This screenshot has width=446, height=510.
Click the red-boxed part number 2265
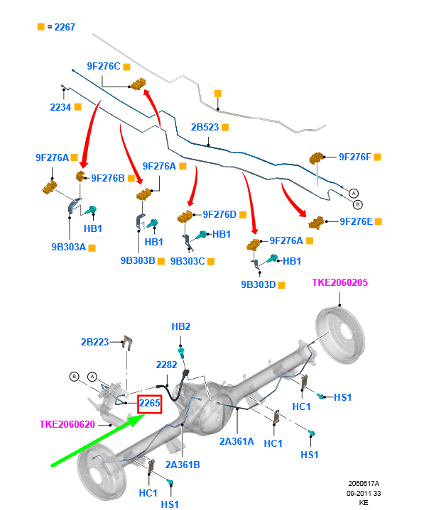150,404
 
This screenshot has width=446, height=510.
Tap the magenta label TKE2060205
340,283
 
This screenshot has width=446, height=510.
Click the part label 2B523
205,128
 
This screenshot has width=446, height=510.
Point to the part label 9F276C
104,66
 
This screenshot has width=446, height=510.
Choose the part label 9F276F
355,157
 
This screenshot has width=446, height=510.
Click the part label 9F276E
356,221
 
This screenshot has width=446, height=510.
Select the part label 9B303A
68,248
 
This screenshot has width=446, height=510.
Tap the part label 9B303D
258,284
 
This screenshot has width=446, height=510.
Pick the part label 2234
60,107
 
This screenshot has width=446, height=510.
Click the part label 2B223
95,342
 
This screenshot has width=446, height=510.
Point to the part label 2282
167,365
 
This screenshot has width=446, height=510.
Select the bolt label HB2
181,326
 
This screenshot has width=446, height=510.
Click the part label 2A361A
238,440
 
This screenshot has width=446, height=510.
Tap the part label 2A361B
183,465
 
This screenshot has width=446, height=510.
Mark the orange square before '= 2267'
41,27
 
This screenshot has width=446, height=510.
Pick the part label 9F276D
219,214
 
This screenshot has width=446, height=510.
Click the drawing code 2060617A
363,483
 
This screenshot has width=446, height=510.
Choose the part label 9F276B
107,177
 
